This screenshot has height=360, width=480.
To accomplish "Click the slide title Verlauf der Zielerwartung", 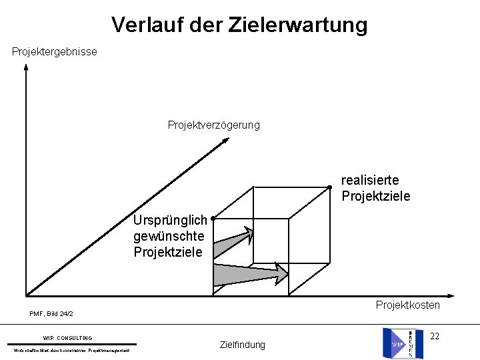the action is (x=239, y=25).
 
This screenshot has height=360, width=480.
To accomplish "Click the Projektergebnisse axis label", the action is (x=54, y=51).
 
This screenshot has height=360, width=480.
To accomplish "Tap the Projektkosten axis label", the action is (x=407, y=305).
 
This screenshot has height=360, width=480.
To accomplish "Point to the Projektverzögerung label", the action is (x=213, y=125).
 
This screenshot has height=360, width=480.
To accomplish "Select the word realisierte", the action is (x=370, y=180).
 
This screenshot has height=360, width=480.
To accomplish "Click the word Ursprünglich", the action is (x=169, y=220).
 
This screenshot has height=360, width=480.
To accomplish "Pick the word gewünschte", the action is (x=168, y=236).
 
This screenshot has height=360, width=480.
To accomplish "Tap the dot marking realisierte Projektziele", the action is (x=329, y=187).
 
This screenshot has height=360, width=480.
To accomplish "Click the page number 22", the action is (x=434, y=336).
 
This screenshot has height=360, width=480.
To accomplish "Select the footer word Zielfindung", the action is (x=242, y=345).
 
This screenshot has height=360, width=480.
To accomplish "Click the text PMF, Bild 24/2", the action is (x=51, y=313).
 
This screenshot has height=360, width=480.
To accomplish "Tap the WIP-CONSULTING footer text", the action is (x=67, y=338).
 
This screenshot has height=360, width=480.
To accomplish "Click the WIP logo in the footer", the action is (x=402, y=343).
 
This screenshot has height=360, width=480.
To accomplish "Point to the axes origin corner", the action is (x=26, y=295).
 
